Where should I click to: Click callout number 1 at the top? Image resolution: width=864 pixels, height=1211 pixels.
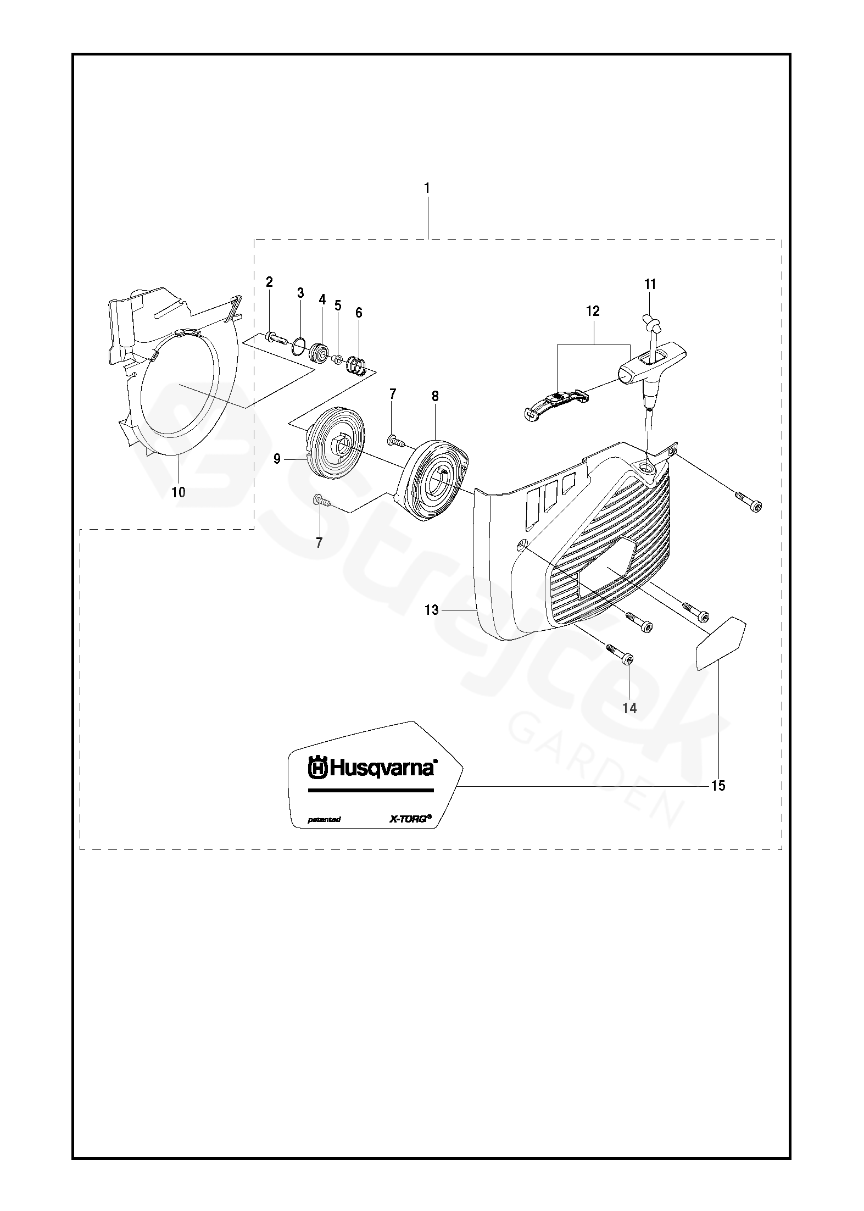(x=427, y=188)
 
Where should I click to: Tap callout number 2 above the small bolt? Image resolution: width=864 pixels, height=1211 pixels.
(x=269, y=282)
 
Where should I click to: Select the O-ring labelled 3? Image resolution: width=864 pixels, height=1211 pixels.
(x=298, y=346)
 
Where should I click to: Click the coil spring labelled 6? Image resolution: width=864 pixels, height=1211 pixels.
(x=359, y=364)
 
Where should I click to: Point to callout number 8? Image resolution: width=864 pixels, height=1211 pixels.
(x=435, y=396)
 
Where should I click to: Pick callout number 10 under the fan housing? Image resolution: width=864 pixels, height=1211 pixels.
(x=179, y=492)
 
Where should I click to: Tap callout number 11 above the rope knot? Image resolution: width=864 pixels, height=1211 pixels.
(x=650, y=284)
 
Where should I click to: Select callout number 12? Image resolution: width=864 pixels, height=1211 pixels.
(x=593, y=311)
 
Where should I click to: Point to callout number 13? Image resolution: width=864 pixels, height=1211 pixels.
(x=432, y=609)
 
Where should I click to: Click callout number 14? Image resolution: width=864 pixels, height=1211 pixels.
(x=629, y=708)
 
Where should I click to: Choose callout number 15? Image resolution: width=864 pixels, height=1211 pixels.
(x=718, y=786)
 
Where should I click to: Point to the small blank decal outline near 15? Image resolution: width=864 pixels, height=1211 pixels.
(x=720, y=643)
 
